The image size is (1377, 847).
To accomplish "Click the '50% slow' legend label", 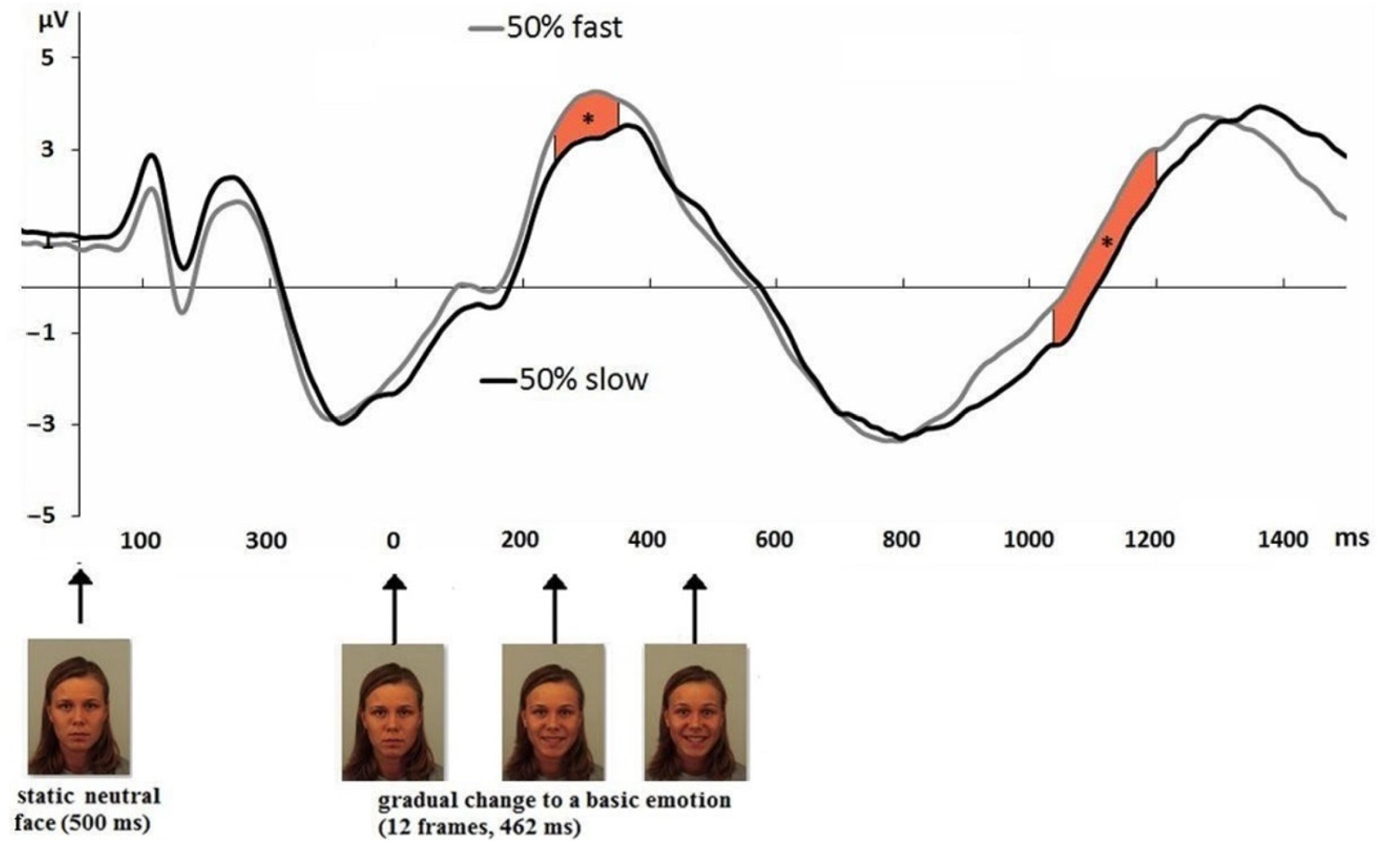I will [x=583, y=380].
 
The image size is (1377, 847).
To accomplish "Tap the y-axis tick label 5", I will [x=48, y=57].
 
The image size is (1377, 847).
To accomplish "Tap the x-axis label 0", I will [x=393, y=541].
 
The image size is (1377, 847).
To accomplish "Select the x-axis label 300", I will [x=266, y=541].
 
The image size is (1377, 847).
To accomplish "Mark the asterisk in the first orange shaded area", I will [x=587, y=119].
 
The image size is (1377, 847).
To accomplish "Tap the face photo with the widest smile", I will [x=695, y=711].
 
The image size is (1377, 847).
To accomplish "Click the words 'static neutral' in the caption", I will [x=89, y=796].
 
